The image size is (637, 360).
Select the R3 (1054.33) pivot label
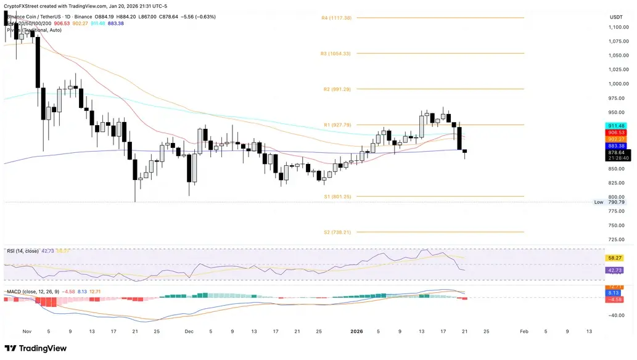click(x=335, y=54)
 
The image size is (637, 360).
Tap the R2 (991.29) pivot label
click(x=337, y=89)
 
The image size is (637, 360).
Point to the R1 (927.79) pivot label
click(x=337, y=125)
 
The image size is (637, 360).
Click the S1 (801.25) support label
click(x=337, y=197)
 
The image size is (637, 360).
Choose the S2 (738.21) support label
click(x=337, y=232)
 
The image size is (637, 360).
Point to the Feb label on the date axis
click(x=524, y=331)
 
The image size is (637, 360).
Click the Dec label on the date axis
click(x=189, y=331)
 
